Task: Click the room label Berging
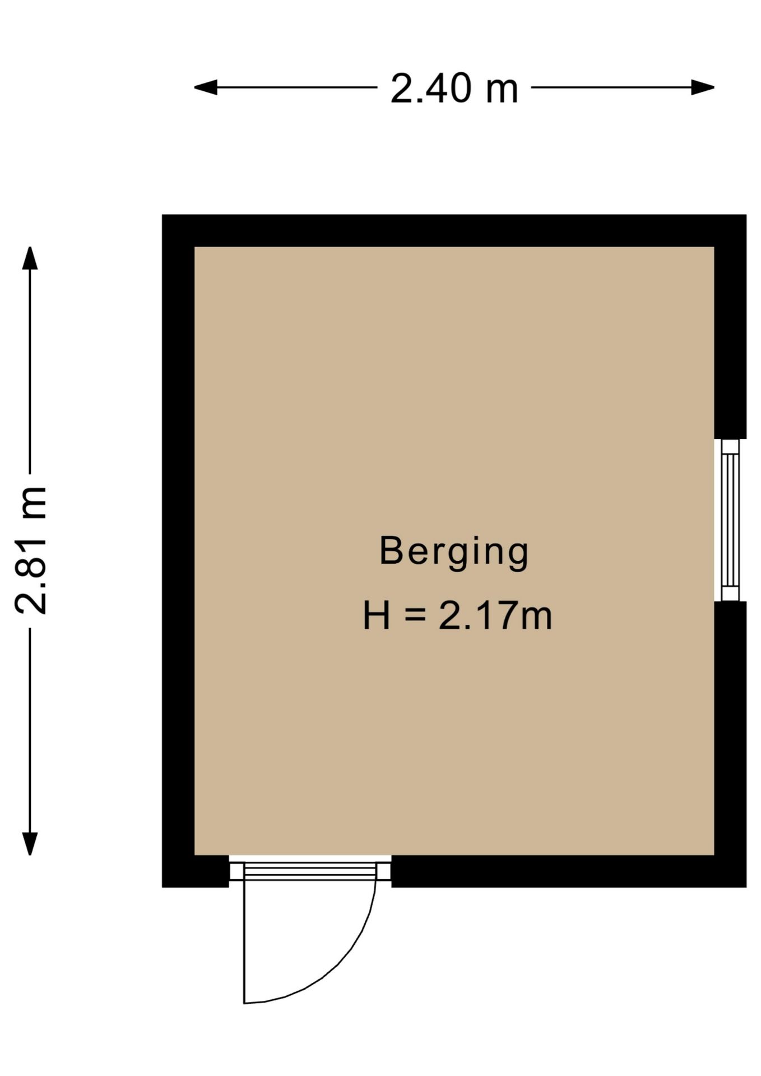(454, 552)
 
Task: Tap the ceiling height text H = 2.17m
(457, 616)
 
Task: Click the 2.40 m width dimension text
(454, 89)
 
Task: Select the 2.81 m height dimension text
(31, 550)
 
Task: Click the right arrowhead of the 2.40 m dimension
(703, 87)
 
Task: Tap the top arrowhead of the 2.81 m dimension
(30, 258)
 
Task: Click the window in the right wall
(730, 520)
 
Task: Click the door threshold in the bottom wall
(310, 871)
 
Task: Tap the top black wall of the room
(454, 230)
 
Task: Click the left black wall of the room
(178, 551)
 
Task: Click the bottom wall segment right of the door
(569, 871)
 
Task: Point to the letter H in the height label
(376, 615)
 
